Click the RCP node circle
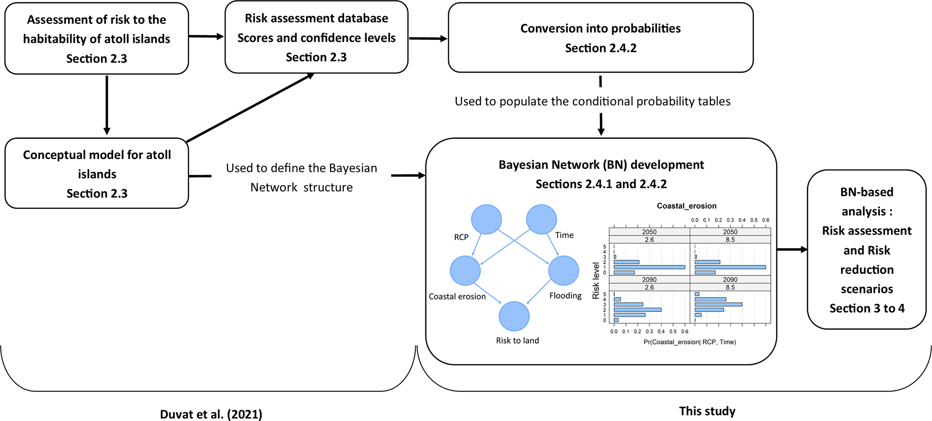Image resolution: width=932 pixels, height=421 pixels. (486, 219)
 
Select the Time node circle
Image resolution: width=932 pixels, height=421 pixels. (541, 219)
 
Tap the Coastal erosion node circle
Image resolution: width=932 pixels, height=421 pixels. (465, 271)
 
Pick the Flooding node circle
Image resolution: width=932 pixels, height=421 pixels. (563, 271)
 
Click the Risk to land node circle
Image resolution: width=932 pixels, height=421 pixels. (514, 316)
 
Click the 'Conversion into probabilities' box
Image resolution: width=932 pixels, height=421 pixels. (600, 38)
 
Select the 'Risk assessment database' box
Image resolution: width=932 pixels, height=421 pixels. (316, 37)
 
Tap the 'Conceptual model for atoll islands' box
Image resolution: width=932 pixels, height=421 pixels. (96, 174)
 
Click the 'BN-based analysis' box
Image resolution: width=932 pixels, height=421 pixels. (866, 250)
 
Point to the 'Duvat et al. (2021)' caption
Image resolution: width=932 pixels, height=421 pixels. (211, 414)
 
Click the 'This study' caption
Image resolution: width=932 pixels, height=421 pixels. (707, 411)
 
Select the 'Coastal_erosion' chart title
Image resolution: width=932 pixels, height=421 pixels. (686, 206)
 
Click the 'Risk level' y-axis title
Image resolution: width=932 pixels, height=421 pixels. (596, 281)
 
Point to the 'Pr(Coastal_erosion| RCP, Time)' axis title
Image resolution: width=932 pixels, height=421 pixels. (689, 342)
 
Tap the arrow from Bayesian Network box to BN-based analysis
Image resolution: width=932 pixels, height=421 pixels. (792, 250)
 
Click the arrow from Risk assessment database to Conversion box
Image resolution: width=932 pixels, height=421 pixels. (427, 39)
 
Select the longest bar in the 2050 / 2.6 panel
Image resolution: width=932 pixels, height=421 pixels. (649, 267)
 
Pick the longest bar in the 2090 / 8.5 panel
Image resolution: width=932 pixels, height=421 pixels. (718, 305)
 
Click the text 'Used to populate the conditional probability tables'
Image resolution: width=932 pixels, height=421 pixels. (592, 102)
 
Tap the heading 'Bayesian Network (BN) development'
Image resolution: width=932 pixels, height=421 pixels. (601, 165)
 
